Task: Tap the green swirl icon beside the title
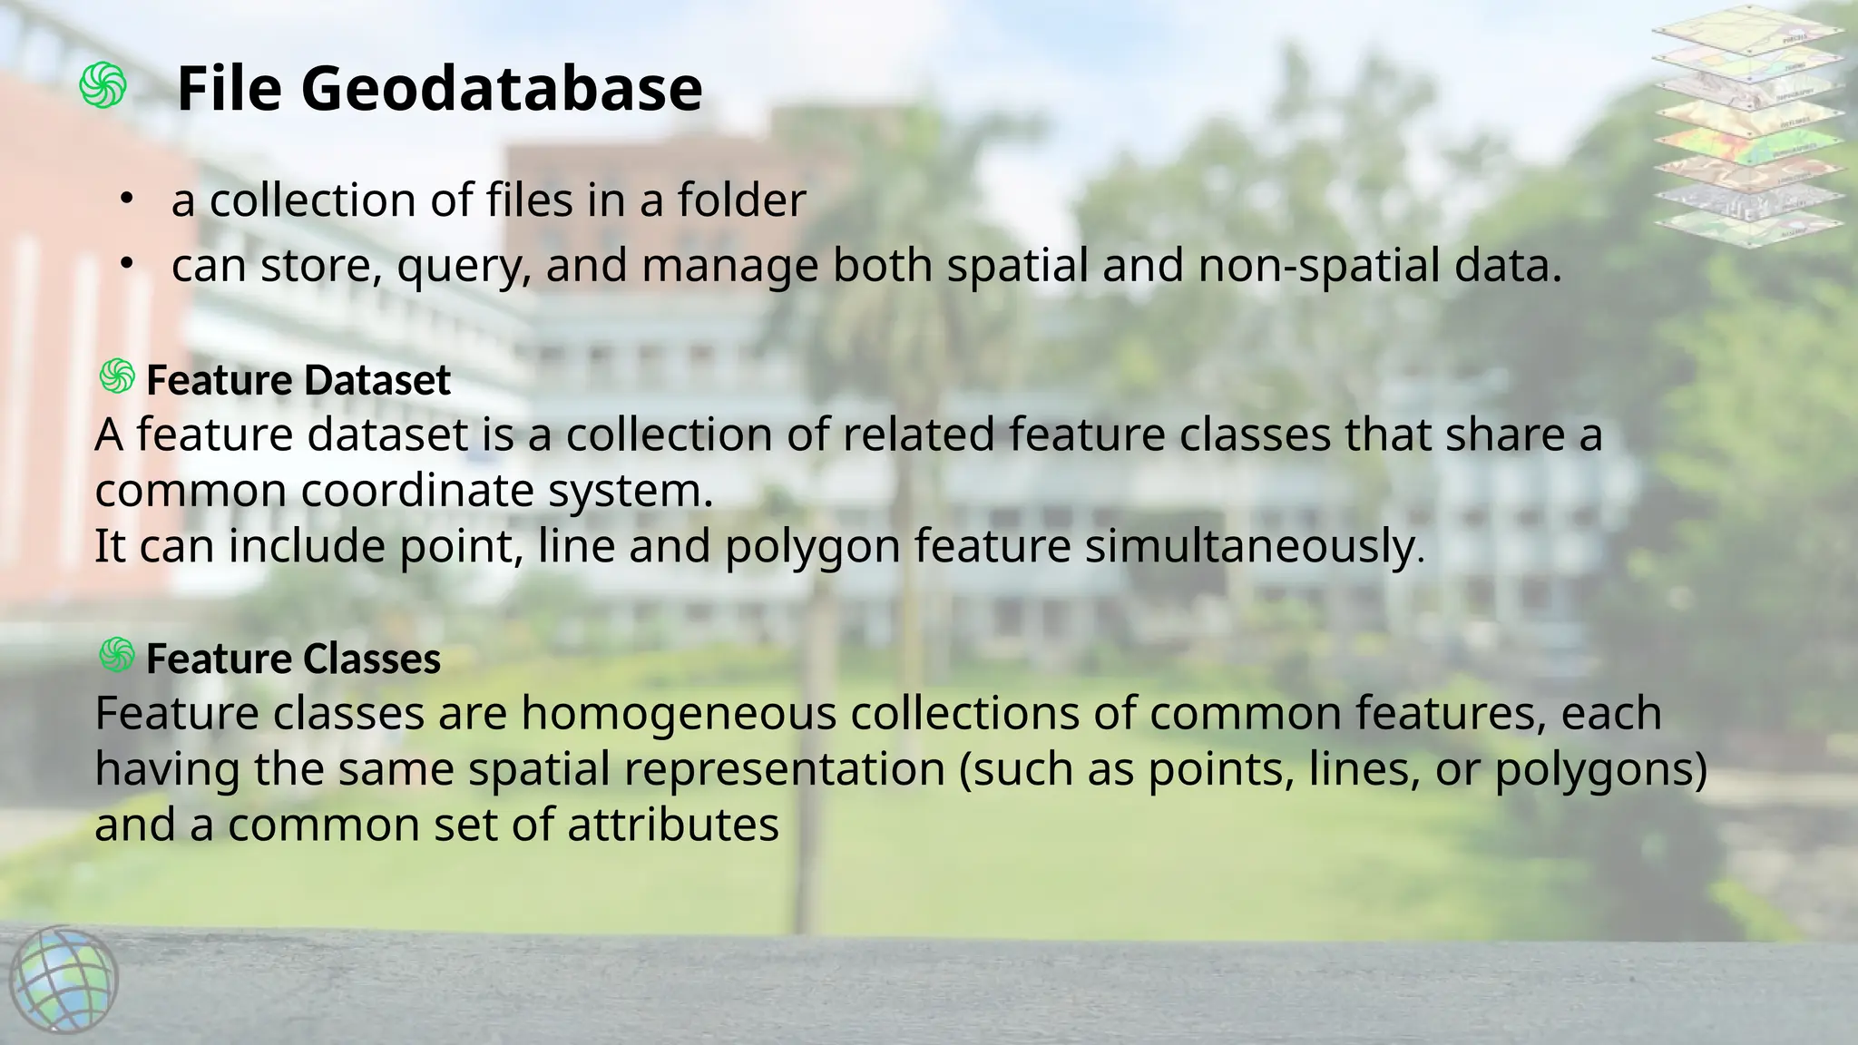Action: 103,86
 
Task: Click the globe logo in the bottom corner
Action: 64,980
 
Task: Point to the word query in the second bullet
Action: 464,267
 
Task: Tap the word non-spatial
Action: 1301,267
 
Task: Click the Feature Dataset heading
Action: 298,380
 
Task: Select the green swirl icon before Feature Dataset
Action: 117,376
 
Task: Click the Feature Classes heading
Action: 293,659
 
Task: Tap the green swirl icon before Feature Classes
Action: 117,655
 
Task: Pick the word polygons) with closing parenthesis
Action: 1600,769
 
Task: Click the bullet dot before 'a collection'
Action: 127,198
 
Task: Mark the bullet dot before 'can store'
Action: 127,264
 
